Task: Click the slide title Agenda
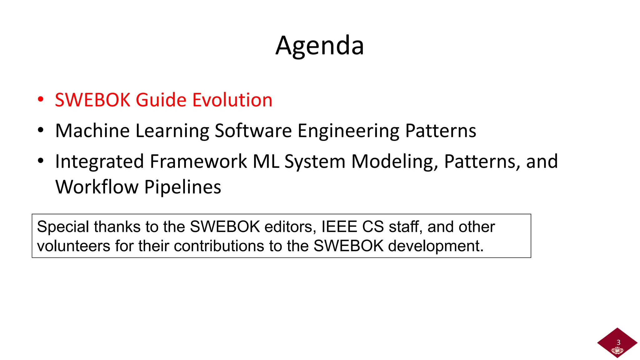[320, 46]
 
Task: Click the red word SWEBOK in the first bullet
[92, 100]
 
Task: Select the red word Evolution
[232, 100]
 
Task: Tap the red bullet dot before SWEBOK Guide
[41, 99]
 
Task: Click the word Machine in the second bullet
[92, 131]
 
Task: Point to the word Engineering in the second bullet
[348, 131]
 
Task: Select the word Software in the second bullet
[253, 131]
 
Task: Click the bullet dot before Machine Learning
[41, 130]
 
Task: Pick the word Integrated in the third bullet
[99, 162]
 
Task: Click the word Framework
[198, 162]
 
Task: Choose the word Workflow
[97, 187]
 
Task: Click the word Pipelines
[183, 187]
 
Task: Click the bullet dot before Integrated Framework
[41, 161]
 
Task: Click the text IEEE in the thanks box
[339, 227]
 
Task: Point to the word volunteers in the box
[73, 246]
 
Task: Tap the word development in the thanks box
[435, 246]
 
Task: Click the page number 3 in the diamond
[618, 342]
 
